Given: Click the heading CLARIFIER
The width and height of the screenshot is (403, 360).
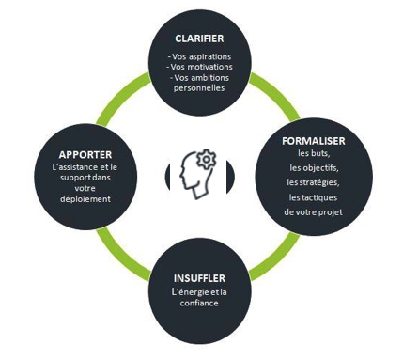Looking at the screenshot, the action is (199, 39).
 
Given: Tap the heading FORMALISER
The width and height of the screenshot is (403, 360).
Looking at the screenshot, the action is (314, 141).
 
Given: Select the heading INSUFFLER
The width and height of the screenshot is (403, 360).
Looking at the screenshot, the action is (199, 278).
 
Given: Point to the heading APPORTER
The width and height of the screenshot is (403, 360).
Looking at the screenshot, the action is (85, 155).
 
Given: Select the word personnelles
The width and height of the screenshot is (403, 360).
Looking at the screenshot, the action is (199, 88).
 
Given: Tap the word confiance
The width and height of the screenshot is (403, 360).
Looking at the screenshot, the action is (199, 303).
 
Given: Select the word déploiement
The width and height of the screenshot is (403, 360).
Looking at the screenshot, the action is (85, 199).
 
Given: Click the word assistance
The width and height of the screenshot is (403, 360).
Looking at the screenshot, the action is (80, 167).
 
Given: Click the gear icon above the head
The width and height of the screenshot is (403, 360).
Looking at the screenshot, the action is (206, 160).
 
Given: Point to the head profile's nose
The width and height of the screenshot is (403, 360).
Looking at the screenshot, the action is (181, 178).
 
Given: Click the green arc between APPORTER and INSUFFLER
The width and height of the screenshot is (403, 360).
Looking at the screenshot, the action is (120, 255).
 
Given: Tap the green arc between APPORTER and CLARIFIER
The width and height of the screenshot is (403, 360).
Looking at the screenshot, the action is (120, 96).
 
